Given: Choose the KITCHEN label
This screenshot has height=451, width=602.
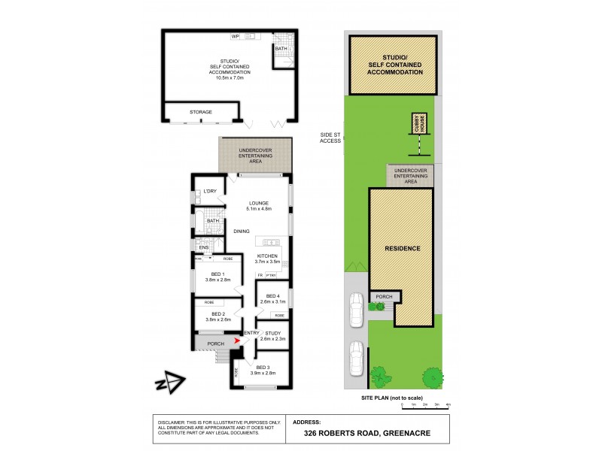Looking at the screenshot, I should click(268, 256).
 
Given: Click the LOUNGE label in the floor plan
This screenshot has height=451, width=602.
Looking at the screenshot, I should click(260, 202).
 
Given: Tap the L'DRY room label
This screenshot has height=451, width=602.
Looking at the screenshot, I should click(210, 192).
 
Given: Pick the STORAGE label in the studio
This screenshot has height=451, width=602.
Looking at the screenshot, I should click(201, 112).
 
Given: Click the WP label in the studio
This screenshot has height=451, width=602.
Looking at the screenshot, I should click(235, 36).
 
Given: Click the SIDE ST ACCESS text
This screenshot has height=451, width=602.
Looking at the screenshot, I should click(330, 138).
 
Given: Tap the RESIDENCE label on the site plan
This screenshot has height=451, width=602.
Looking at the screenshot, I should click(403, 248).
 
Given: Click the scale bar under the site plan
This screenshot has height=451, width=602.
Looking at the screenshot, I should click(425, 405).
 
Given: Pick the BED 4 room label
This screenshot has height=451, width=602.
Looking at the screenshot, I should click(273, 297).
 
